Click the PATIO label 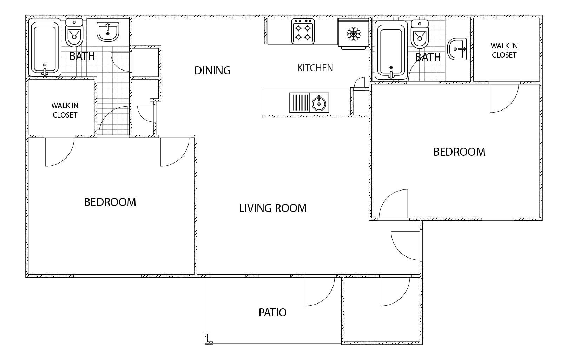pyautogui.click(x=272, y=313)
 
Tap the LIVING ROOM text pyautogui.click(x=273, y=208)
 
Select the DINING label pyautogui.click(x=213, y=71)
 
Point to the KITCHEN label pyautogui.click(x=315, y=68)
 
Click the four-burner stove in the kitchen pyautogui.click(x=303, y=31)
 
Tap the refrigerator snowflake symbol pyautogui.click(x=353, y=34)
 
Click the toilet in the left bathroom pyautogui.click(x=74, y=32)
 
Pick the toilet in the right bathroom pyautogui.click(x=420, y=34)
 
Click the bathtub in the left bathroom pyautogui.click(x=45, y=47)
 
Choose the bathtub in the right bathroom pyautogui.click(x=391, y=50)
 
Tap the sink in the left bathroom pyautogui.click(x=108, y=32)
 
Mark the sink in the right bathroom pyautogui.click(x=457, y=49)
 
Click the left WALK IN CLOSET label pyautogui.click(x=65, y=110)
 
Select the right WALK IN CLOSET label pyautogui.click(x=504, y=51)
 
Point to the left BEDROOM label pyautogui.click(x=110, y=202)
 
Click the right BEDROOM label pyautogui.click(x=460, y=152)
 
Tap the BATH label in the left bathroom pyautogui.click(x=82, y=56)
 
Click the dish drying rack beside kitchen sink pyautogui.click(x=299, y=103)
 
